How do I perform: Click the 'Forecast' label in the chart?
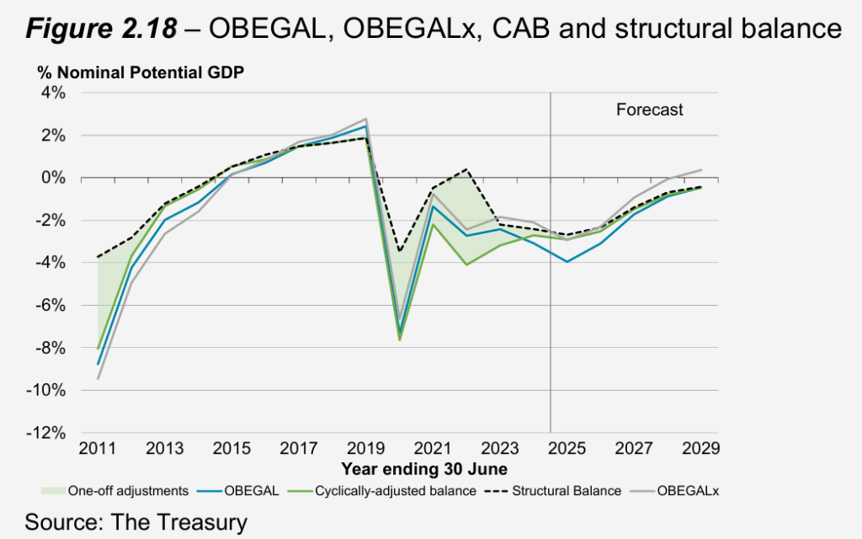[x=649, y=109]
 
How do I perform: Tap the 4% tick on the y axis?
[x=52, y=93]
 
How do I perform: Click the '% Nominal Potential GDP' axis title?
[x=140, y=73]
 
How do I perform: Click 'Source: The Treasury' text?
[x=136, y=521]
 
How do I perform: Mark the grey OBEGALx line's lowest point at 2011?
[x=98, y=379]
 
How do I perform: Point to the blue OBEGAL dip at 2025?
[x=567, y=262]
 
